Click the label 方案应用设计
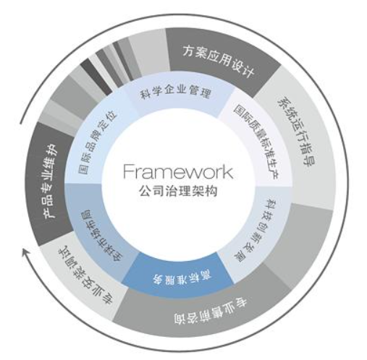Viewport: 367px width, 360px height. pyautogui.click(x=219, y=61)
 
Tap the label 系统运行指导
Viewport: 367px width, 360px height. pyautogui.click(x=296, y=132)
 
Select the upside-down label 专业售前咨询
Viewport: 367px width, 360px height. pyautogui.click(x=210, y=311)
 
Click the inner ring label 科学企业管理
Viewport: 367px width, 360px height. pyautogui.click(x=176, y=92)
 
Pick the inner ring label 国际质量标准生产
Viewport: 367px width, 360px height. pyautogui.click(x=256, y=142)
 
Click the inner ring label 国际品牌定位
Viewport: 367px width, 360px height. pyautogui.click(x=97, y=142)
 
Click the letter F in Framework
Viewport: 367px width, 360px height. pyautogui.click(x=128, y=171)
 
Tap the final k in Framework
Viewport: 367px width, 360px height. pyautogui.click(x=228, y=171)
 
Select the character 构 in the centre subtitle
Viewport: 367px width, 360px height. pyautogui.click(x=211, y=191)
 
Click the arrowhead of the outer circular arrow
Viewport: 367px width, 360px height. pyautogui.click(x=25, y=253)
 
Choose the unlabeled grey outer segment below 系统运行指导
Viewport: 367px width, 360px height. pyautogui.click(x=302, y=244)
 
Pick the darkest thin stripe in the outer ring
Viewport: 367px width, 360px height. pyautogui.click(x=96, y=77)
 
